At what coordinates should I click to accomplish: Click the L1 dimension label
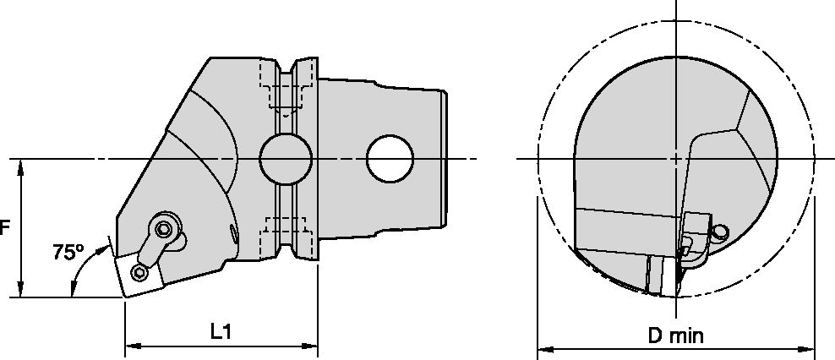click(x=221, y=332)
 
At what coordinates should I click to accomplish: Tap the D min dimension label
click(x=676, y=335)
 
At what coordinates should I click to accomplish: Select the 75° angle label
click(x=68, y=253)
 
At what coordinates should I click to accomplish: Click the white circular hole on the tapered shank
click(x=390, y=159)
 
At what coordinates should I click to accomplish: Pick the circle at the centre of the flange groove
click(x=286, y=159)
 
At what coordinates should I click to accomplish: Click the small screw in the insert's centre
click(x=140, y=271)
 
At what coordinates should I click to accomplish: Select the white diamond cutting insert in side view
click(x=139, y=274)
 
